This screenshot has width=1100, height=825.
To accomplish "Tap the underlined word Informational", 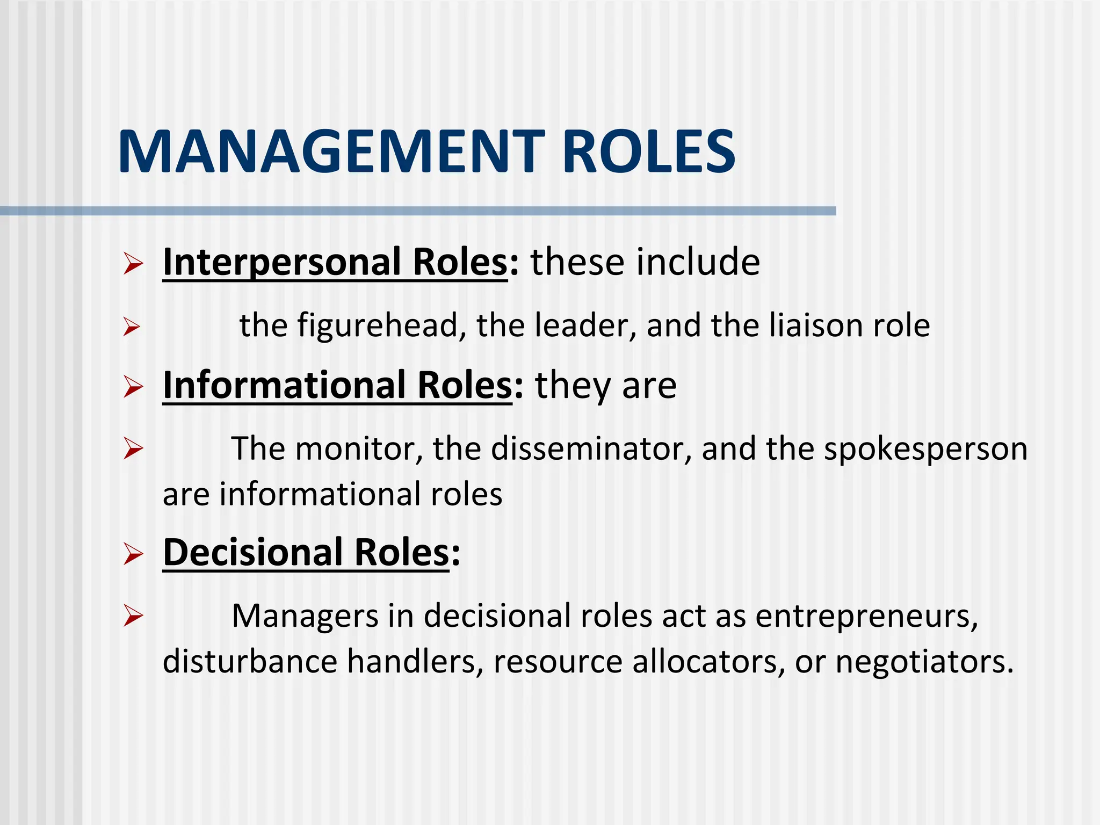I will tap(284, 385).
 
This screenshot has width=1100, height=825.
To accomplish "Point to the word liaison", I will tap(816, 325).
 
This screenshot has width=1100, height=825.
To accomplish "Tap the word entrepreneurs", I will tap(866, 616).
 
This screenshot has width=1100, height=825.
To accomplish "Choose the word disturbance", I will tap(250, 661).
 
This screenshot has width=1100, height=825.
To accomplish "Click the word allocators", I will tap(705, 661).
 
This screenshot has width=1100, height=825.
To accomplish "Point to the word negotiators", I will tap(924, 662).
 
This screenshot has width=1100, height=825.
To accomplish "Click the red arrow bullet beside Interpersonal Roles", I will tap(133, 264).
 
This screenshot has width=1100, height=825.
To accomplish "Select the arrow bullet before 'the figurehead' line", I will tap(132, 327).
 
